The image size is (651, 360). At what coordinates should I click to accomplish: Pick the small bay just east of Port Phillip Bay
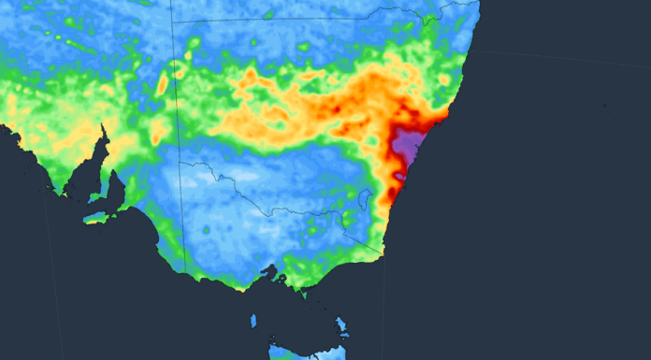[x=283, y=278]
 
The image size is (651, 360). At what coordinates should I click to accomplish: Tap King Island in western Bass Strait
[x=253, y=322]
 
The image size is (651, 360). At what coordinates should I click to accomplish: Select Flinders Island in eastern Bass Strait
[x=342, y=327]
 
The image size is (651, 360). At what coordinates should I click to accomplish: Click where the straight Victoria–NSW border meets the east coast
[x=383, y=252]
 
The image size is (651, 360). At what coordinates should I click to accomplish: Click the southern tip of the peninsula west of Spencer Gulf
[x=58, y=193]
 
